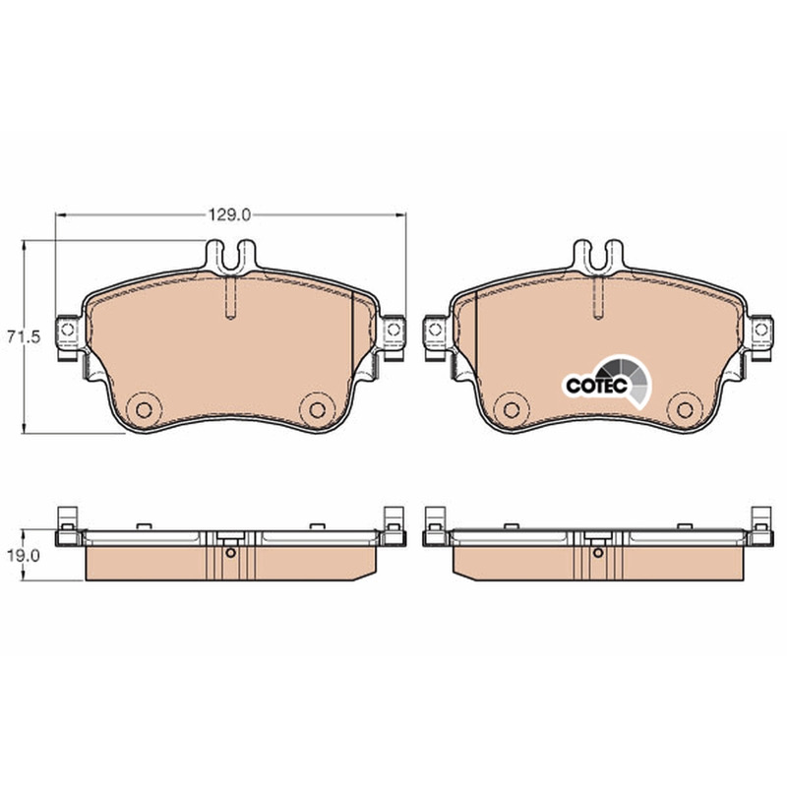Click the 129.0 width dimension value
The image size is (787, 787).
(x=229, y=215)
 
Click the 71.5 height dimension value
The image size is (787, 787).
(x=24, y=336)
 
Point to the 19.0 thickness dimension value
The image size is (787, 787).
(x=23, y=556)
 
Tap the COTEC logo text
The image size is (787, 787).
(x=597, y=386)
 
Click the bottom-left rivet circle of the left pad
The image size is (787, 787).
(x=144, y=409)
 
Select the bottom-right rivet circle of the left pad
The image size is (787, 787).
(x=317, y=409)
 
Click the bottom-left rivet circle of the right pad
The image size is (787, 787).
(x=512, y=409)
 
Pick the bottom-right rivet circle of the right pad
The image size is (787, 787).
(x=685, y=409)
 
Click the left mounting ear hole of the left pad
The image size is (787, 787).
(x=67, y=330)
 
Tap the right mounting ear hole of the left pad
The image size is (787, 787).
(x=394, y=330)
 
